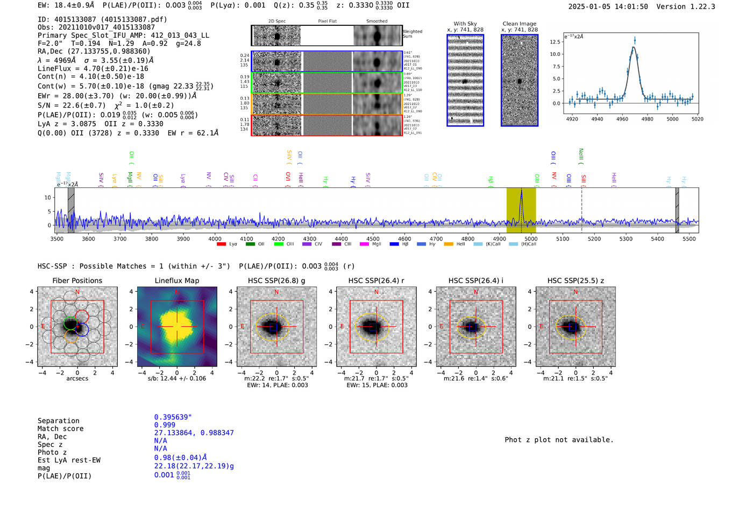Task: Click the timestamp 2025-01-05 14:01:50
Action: tap(608, 6)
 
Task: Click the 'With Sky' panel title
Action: tap(465, 24)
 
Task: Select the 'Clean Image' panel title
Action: tap(519, 24)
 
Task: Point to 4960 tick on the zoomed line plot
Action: tap(622, 119)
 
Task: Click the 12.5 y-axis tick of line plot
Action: tap(555, 42)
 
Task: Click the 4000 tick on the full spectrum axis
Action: tap(215, 239)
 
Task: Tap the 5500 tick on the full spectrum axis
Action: tap(689, 239)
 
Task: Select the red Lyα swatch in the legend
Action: tap(221, 244)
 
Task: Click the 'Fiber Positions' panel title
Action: tap(77, 280)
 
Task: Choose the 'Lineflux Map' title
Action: tap(176, 280)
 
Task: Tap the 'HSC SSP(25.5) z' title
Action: tap(576, 280)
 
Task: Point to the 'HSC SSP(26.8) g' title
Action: tap(276, 280)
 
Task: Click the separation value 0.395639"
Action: tap(173, 417)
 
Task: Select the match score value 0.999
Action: tap(165, 425)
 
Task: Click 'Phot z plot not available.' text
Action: tap(559, 440)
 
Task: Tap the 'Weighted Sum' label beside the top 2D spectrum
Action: tap(413, 34)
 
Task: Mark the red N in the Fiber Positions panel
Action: tap(77, 292)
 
